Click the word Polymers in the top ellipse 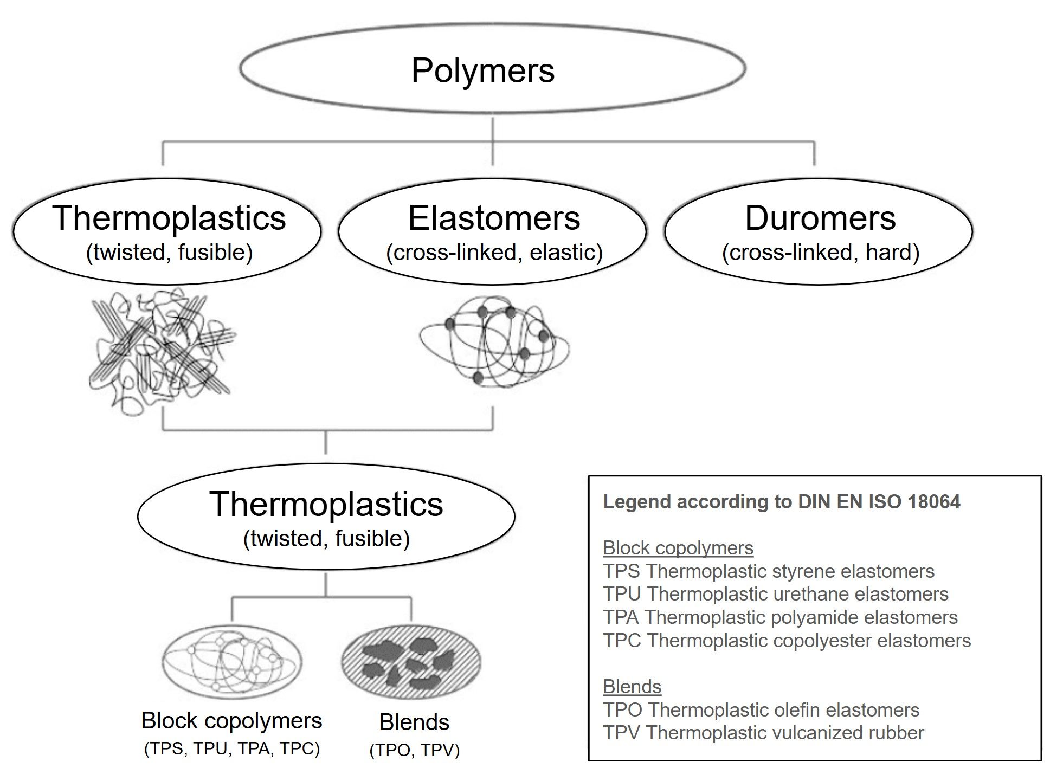coord(482,70)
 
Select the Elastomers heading coord(494,218)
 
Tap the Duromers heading coord(820,218)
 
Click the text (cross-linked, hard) coord(820,253)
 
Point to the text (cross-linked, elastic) coord(494,253)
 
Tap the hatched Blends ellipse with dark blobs coord(411,662)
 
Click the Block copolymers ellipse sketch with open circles coord(232,662)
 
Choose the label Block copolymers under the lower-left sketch coord(231,721)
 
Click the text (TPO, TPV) coord(414,750)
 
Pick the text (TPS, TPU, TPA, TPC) coord(231,748)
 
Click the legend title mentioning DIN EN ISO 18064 coord(781,502)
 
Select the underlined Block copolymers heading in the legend coord(678,548)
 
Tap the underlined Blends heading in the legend coord(632,687)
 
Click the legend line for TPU coord(775,594)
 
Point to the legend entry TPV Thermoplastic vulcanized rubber coord(763,733)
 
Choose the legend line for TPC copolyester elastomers coord(786,641)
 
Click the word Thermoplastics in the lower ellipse coord(326,504)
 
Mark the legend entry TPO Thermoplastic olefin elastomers coord(761,709)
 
